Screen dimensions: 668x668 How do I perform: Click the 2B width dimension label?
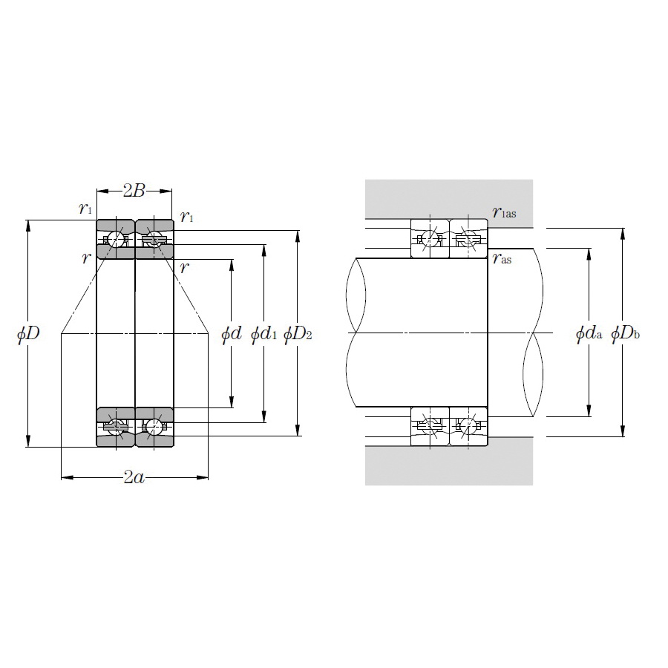click(x=134, y=191)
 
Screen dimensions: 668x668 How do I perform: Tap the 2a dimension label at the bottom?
click(x=134, y=477)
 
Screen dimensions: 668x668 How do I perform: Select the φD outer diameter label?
click(x=28, y=333)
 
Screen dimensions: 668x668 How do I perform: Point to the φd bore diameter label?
click(x=232, y=333)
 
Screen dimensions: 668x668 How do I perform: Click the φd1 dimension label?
click(x=263, y=333)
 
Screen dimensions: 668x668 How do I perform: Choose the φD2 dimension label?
click(x=298, y=333)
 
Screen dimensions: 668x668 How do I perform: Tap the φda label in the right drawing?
click(x=589, y=333)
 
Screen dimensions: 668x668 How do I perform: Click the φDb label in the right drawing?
click(x=625, y=333)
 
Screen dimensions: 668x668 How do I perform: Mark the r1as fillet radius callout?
click(x=505, y=212)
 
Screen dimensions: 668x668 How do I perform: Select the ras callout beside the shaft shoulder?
click(x=502, y=258)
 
